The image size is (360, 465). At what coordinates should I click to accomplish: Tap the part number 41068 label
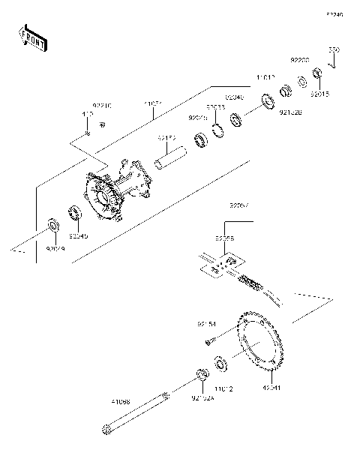[119, 402]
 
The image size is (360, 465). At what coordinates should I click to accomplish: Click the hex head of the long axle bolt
[106, 430]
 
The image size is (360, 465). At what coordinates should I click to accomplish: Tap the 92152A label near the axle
[202, 397]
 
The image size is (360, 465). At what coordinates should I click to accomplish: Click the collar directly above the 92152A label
[201, 374]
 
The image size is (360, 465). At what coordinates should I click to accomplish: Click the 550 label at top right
[334, 49]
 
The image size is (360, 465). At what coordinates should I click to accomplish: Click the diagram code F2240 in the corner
[334, 14]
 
